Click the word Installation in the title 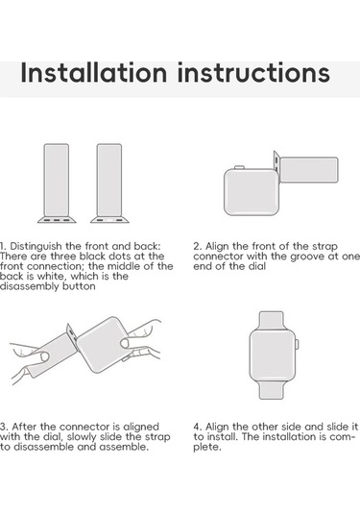pos(94,72)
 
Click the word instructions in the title pos(253,72)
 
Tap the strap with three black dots pos(57,184)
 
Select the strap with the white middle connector pos(109,184)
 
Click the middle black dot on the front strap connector pos(57,220)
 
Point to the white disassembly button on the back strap pos(109,220)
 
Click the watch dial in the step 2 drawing pos(251,192)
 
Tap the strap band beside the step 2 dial pos(309,170)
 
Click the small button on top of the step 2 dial pos(239,167)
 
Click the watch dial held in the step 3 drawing pos(104,345)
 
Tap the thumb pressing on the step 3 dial pos(125,344)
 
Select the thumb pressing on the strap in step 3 pos(43,356)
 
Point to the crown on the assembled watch pos(297,345)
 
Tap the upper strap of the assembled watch pos(272,320)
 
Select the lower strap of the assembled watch pos(272,390)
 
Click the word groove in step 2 pos(308,257)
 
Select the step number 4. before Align pos(197,427)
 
